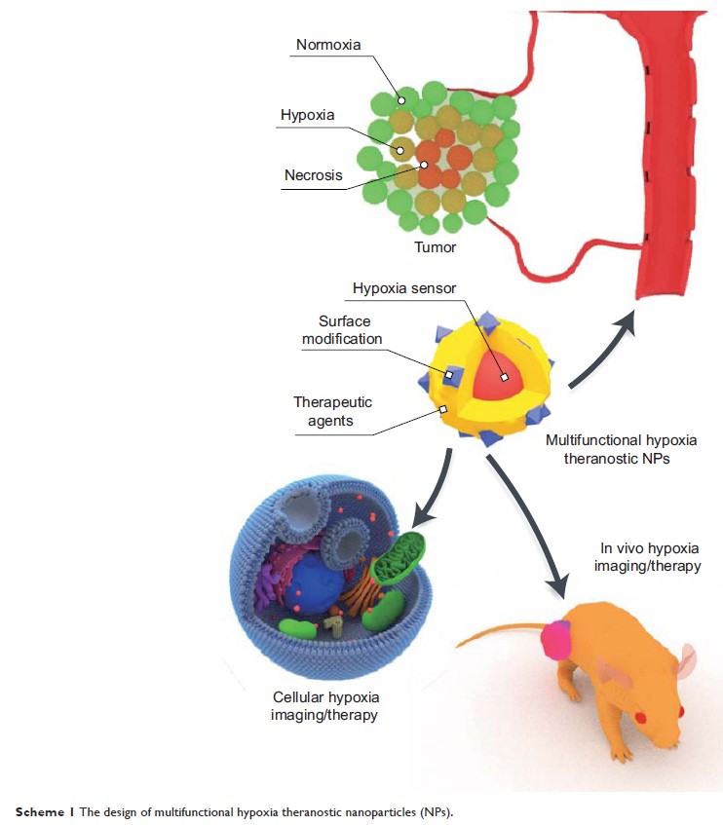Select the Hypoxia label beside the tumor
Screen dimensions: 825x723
click(307, 115)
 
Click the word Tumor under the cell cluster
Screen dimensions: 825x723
click(435, 247)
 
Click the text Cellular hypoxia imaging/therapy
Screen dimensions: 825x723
click(324, 707)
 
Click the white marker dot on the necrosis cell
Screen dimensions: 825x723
click(426, 166)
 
